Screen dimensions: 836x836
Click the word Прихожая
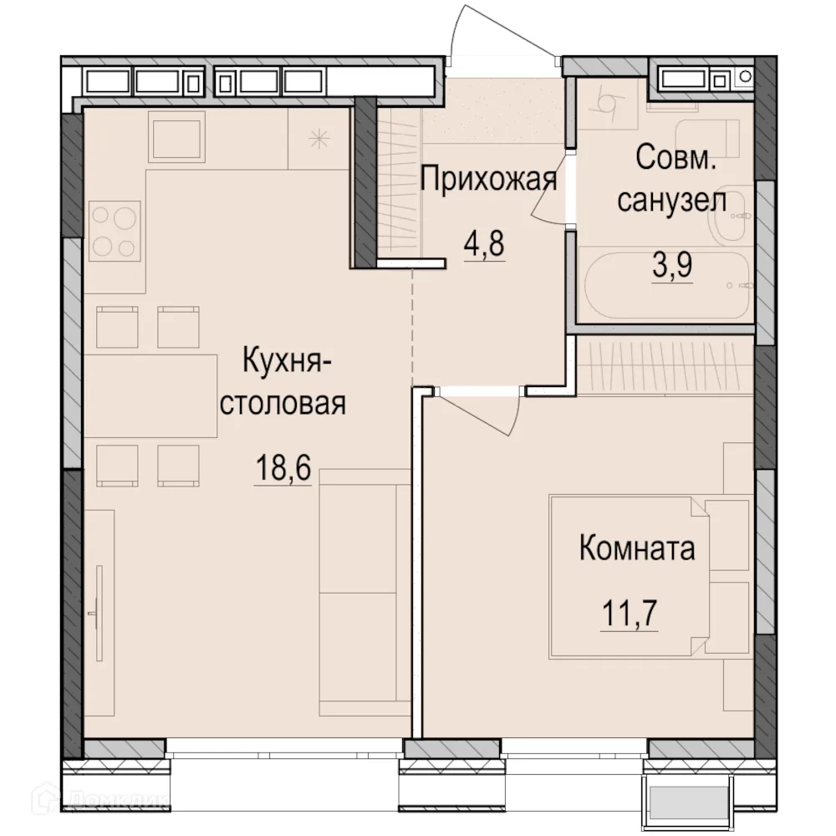tap(488, 179)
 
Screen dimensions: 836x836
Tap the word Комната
tap(637, 549)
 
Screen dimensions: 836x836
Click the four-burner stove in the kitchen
tap(115, 232)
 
